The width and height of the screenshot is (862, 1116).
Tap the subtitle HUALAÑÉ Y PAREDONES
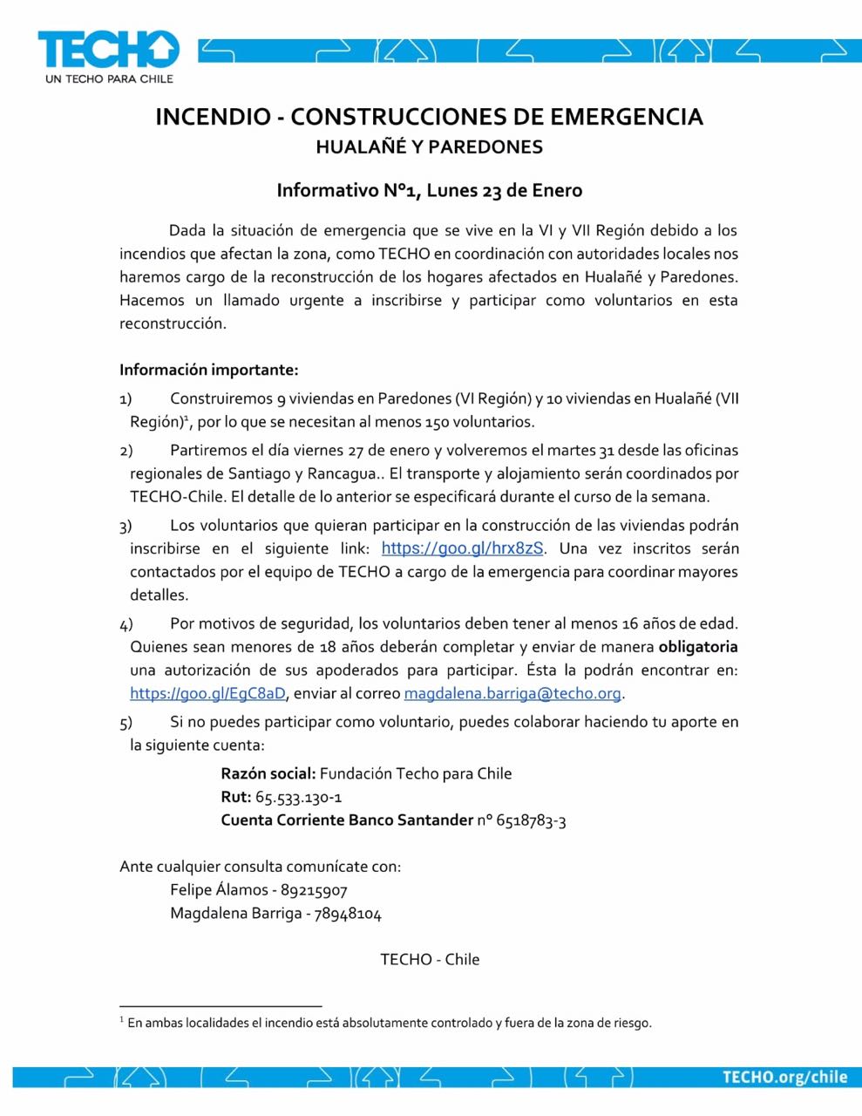(x=429, y=146)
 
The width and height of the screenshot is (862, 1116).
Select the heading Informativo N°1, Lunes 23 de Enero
(x=429, y=190)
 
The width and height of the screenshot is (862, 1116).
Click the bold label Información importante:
(x=208, y=370)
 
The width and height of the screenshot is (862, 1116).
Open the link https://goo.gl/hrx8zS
(x=462, y=548)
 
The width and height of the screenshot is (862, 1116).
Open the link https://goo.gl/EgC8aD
(x=207, y=694)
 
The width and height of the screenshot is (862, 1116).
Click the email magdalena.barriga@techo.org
(x=512, y=694)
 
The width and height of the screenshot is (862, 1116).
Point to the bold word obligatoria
(x=697, y=647)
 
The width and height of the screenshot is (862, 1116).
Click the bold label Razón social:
(x=268, y=773)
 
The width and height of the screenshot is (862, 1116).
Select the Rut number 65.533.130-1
(x=298, y=797)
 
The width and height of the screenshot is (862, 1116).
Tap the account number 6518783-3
(x=531, y=820)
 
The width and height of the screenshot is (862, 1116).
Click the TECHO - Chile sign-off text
(x=430, y=959)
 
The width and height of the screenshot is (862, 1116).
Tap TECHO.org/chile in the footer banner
(x=784, y=1077)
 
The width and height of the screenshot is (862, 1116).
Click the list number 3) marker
(x=126, y=526)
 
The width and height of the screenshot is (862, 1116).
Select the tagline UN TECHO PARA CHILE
(x=108, y=78)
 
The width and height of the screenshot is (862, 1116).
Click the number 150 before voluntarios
(x=438, y=422)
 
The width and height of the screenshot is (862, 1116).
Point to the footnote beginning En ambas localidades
(x=389, y=1023)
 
